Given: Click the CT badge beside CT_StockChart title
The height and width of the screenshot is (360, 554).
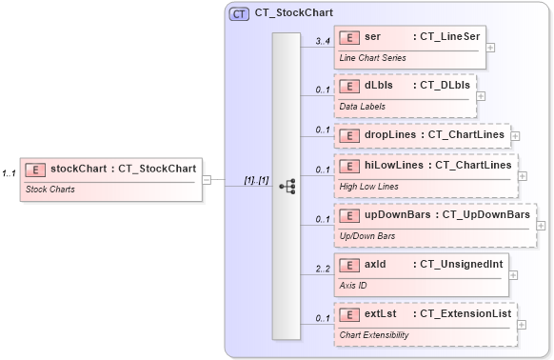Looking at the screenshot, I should (240, 14).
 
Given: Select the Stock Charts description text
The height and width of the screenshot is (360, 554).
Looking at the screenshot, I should (50, 190).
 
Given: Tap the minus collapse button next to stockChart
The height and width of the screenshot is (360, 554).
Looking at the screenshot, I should (207, 179).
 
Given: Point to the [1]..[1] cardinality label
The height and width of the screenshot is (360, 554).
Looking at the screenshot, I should (256, 180).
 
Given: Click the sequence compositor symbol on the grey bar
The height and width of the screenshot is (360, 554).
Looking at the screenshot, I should (287, 187).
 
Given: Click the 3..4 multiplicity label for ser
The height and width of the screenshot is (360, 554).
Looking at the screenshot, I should (323, 42).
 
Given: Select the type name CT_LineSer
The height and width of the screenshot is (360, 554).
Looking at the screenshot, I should (446, 36).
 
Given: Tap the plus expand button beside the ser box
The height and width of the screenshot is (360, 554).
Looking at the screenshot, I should (490, 46).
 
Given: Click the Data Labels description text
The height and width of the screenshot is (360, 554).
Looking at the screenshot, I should (363, 106).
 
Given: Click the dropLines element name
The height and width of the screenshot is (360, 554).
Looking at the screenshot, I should (391, 135).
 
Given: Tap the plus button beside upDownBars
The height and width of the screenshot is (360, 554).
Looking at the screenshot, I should (541, 226).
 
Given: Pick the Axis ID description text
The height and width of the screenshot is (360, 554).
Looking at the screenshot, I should (354, 284).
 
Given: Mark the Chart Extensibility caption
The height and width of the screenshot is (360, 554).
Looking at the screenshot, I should (373, 334).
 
